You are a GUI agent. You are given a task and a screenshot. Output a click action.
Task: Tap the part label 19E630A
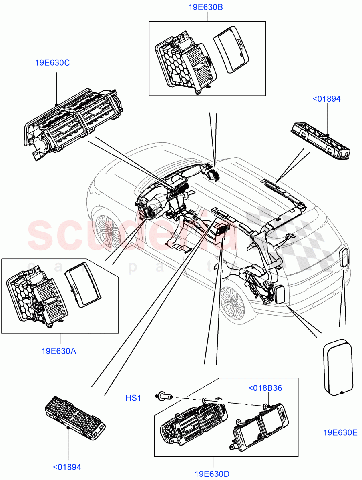[59, 351]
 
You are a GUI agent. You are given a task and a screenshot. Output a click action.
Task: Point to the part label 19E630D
[212, 474]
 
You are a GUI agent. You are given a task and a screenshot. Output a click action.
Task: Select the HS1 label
[134, 398]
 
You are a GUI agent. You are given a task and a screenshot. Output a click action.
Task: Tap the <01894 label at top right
[326, 99]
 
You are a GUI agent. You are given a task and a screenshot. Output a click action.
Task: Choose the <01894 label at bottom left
[67, 466]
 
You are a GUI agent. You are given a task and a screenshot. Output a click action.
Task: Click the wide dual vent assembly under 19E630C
[74, 122]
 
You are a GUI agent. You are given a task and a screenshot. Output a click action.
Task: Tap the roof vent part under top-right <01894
[320, 140]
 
